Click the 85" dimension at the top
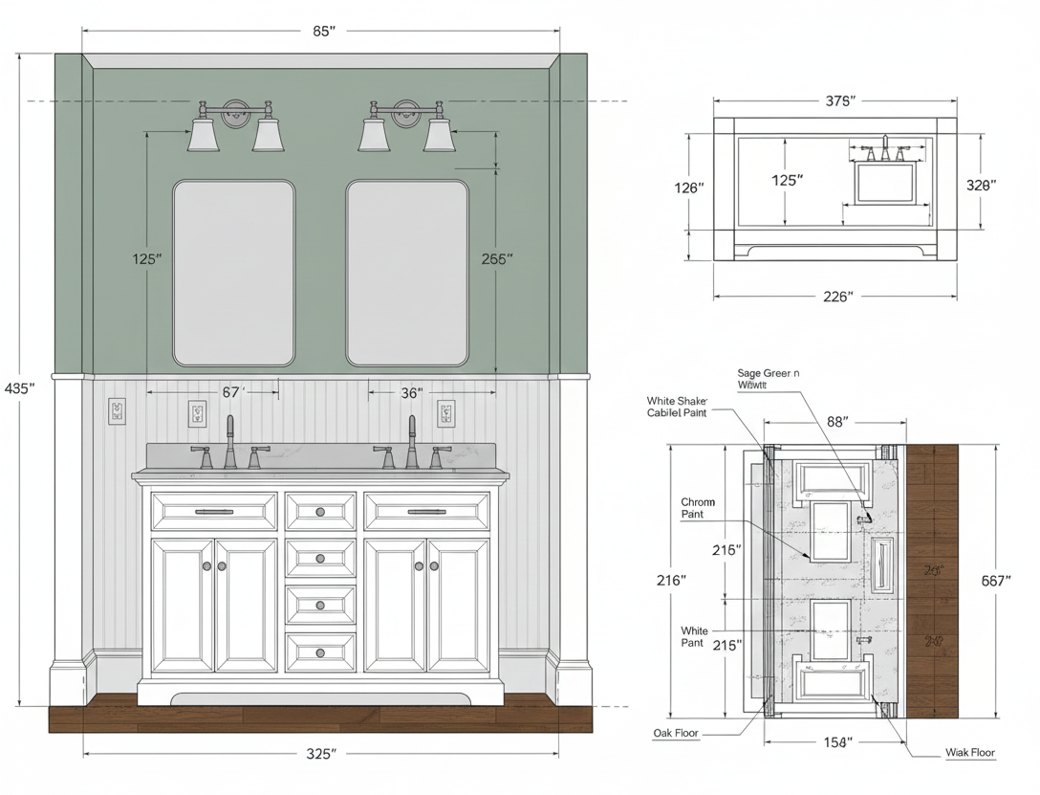(x=324, y=31)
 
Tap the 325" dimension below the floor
(x=321, y=754)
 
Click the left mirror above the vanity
(x=233, y=273)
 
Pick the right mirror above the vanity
(x=407, y=273)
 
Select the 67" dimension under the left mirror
(x=232, y=391)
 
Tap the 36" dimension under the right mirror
(x=412, y=392)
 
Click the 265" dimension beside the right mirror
(x=497, y=258)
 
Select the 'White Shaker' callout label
(x=678, y=407)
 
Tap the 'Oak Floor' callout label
(x=676, y=734)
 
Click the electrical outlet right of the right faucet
(x=446, y=413)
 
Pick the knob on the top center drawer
(x=320, y=512)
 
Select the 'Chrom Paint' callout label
(x=697, y=508)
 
